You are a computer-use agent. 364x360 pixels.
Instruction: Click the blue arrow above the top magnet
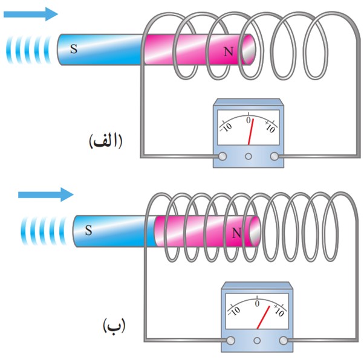pos(31,14)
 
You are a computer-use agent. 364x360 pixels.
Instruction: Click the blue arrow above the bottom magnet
pos(46,194)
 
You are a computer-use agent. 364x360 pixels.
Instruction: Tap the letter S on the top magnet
pos(74,49)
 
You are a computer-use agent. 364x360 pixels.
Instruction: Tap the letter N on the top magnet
pos(229,51)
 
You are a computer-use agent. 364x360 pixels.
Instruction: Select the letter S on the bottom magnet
pos(88,230)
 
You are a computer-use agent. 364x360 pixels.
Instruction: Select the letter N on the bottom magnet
pos(236,233)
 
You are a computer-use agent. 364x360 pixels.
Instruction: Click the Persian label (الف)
pos(106,141)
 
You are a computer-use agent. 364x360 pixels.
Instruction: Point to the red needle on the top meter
pos(251,132)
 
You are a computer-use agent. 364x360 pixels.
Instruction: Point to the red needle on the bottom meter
pos(263,317)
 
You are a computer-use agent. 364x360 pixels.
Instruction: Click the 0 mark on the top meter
pos(249,120)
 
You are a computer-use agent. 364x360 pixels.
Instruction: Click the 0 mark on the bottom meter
pos(257,303)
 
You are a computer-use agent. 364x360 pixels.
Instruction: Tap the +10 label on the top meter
pos(270,127)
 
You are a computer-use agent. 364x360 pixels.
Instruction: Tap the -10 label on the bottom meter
pos(234,311)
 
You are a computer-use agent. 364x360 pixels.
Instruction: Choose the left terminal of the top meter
pos(223,156)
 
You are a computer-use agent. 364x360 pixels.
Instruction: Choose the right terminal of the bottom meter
pos(283,341)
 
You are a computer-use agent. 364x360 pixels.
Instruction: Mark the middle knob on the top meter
pos(249,156)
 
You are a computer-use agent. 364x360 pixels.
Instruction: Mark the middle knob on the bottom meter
pos(257,341)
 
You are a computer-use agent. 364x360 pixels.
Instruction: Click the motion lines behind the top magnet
pos(28,50)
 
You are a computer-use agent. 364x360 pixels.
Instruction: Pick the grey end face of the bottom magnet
pos(255,231)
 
